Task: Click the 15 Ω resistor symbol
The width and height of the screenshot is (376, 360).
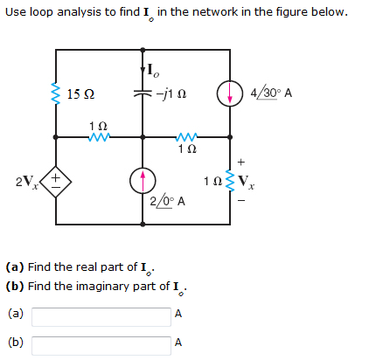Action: coord(56,93)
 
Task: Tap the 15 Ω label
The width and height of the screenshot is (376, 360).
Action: coord(80,94)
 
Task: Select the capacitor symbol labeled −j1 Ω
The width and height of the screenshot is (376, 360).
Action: coord(143,93)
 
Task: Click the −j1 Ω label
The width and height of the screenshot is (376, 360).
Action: coord(171,93)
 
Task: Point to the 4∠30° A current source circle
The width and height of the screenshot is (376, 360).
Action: coord(230,93)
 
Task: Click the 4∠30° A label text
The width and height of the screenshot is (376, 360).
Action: coord(271,93)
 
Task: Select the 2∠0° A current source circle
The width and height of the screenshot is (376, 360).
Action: coord(143,181)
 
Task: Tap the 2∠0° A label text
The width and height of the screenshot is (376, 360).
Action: coord(168,202)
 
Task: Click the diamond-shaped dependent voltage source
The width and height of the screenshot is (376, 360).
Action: coord(56,181)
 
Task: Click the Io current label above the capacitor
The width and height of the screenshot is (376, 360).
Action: coord(153,71)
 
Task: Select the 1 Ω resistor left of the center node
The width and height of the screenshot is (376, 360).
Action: coord(99,136)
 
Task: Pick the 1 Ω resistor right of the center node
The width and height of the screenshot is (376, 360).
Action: coord(187,136)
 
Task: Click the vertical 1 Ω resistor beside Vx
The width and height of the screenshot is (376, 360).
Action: coord(230,181)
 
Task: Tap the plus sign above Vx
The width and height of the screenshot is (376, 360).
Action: coord(241,162)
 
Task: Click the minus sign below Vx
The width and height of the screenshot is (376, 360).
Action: coord(241,200)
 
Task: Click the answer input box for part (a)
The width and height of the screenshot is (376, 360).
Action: coord(101,317)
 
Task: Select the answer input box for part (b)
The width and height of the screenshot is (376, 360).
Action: coord(101,346)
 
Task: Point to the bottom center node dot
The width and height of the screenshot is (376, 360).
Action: coord(143,224)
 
